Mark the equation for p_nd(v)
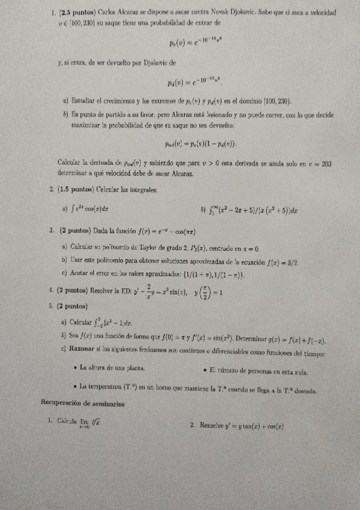click(200, 143)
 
